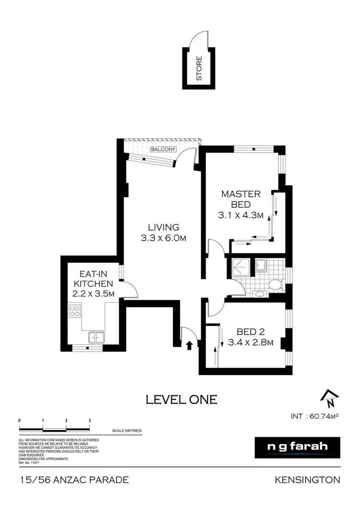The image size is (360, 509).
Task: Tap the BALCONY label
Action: [x=163, y=150]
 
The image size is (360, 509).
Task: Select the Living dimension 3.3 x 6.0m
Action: [x=163, y=237]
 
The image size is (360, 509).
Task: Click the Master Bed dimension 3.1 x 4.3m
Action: [x=240, y=215]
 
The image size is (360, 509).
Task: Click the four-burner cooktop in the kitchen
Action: [x=74, y=311]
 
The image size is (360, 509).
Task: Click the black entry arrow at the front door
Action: [x=189, y=344]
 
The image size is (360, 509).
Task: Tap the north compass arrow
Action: [x=330, y=396]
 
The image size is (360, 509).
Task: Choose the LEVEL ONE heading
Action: [x=181, y=399]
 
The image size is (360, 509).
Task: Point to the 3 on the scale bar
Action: [x=90, y=420]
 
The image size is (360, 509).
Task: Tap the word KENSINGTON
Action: [x=308, y=480]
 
